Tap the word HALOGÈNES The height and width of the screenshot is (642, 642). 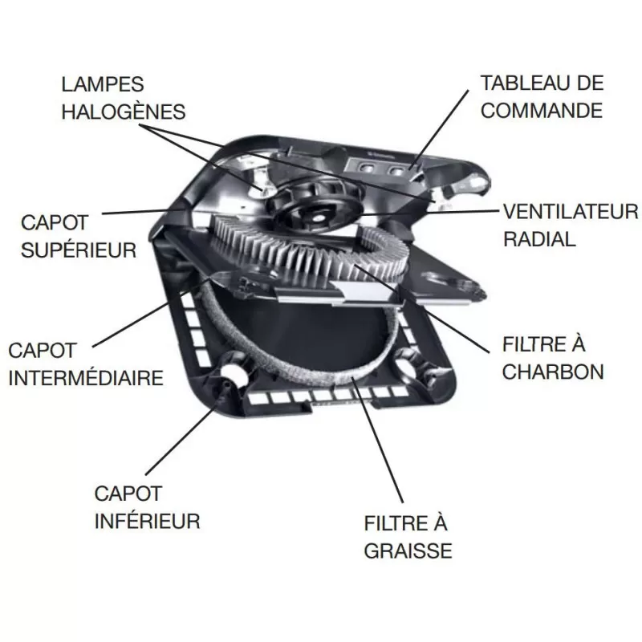123,111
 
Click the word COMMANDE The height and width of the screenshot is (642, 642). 542,109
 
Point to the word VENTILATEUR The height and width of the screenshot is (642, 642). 570,212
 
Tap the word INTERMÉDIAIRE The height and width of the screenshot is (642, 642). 85,377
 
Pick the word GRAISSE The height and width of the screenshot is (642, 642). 408,551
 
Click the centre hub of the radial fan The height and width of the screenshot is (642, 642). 315,213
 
